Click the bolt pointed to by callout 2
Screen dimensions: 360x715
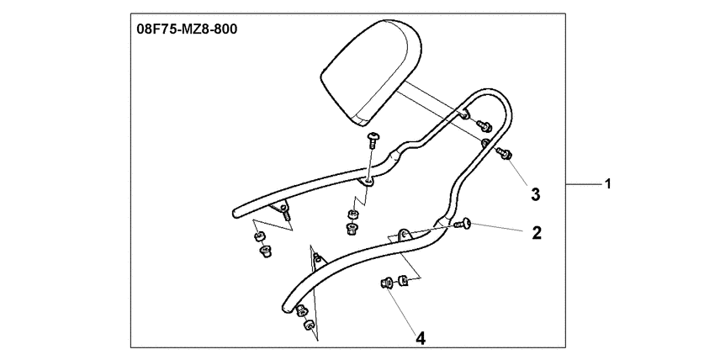[x=462, y=224]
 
